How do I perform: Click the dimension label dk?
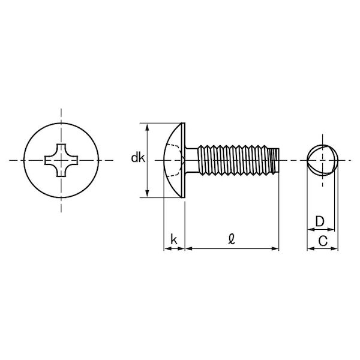click(x=138, y=158)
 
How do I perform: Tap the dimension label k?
click(x=174, y=239)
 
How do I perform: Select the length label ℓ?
click(x=232, y=239)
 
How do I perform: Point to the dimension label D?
click(x=320, y=221)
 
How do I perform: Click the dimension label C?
click(x=323, y=241)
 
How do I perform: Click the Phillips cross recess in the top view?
click(x=61, y=160)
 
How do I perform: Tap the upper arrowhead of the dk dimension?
click(x=148, y=127)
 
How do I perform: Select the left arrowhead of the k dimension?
click(x=167, y=248)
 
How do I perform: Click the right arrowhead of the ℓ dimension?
click(x=275, y=248)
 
